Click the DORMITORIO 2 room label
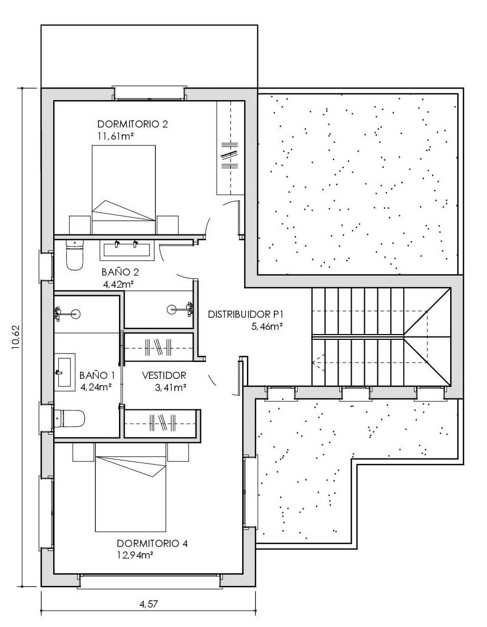coord(133,124)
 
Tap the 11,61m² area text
coord(115,136)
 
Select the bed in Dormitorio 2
coord(124,190)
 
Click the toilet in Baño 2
coord(74,255)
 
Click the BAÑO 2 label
coord(120,272)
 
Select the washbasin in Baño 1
coord(65,372)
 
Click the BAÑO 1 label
coord(97,376)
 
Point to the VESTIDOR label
coord(164,376)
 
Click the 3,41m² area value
coord(171,387)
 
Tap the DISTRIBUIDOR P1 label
coord(245,315)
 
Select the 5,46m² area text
coord(267,327)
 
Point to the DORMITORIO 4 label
coord(152,543)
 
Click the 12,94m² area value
coord(135,555)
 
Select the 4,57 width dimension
coord(148,604)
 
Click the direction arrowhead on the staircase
coord(315,363)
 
